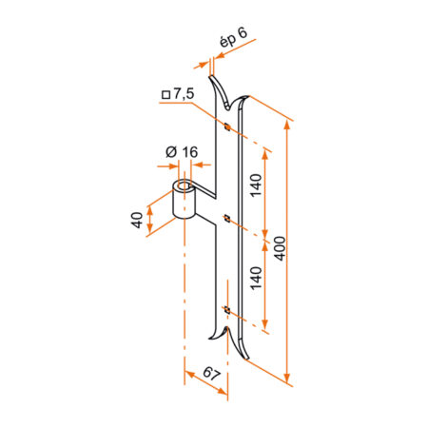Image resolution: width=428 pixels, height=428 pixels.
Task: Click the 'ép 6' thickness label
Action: coord(233,37)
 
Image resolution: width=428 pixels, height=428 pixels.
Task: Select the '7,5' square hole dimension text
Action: coord(184,94)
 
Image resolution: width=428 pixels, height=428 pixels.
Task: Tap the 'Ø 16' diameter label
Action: coord(182,152)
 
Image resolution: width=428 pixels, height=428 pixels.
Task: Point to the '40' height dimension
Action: coord(137,220)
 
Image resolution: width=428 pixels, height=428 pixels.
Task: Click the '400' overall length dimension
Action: coord(280,248)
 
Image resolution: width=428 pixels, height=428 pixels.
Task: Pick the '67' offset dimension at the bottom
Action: coord(211,373)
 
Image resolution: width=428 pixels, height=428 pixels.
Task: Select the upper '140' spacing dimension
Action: coord(256,185)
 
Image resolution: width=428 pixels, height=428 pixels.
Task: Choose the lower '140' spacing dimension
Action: coord(256,278)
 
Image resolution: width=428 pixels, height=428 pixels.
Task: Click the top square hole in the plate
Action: coord(227,126)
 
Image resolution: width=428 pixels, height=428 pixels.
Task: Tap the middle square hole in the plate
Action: coord(227,218)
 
